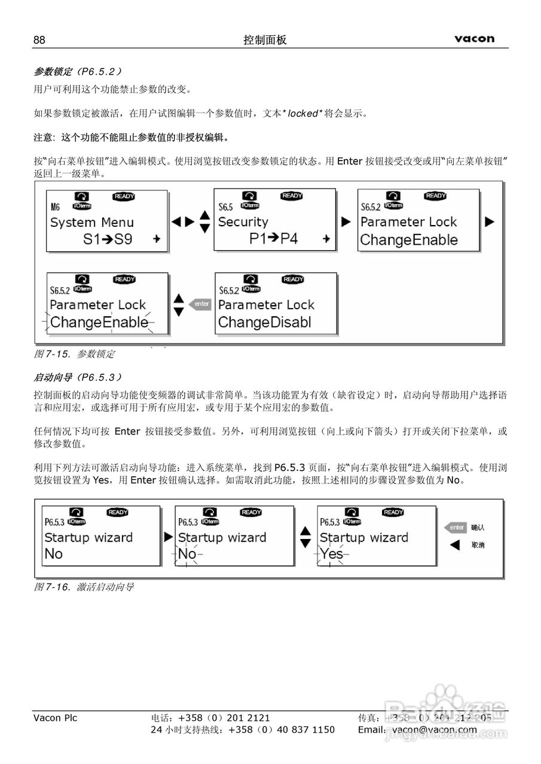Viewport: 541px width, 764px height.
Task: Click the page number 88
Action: coord(39,40)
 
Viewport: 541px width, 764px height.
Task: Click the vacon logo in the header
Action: coord(474,39)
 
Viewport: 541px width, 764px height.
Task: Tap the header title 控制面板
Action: coord(265,40)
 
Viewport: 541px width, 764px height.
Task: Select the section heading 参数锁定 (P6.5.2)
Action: coord(78,72)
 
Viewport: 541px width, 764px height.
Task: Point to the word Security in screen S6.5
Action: coord(243,222)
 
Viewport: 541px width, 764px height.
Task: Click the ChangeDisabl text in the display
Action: coord(264,323)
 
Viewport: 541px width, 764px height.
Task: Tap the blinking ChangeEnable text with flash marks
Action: coord(99,323)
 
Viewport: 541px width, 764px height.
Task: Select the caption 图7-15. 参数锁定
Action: coord(74,354)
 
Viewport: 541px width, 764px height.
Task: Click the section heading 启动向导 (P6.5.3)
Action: coord(78,377)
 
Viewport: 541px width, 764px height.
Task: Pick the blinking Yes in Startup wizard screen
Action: coord(331,554)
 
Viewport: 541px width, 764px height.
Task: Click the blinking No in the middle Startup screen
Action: coord(187,554)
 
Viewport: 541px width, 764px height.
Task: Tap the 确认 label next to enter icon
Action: coord(478,528)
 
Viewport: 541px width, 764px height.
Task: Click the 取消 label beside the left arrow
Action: coord(478,545)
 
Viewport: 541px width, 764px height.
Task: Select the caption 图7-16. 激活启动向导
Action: coord(84,587)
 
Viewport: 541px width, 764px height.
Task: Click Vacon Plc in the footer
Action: coord(55,718)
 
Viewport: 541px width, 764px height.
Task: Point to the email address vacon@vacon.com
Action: coord(435,729)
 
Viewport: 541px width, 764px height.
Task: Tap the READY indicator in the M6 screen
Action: coord(124,196)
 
